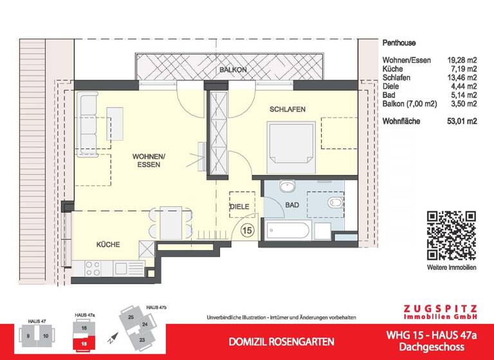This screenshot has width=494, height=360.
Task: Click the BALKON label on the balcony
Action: click(230, 69)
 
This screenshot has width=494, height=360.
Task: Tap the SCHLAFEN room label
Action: click(288, 109)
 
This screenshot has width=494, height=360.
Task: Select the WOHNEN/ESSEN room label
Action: click(149, 161)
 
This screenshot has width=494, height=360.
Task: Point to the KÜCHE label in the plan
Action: click(109, 244)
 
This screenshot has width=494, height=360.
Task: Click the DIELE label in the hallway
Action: click(239, 206)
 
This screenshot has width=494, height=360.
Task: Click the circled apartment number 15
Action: click(247, 229)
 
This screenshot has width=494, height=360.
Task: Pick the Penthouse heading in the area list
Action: click(399, 44)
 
